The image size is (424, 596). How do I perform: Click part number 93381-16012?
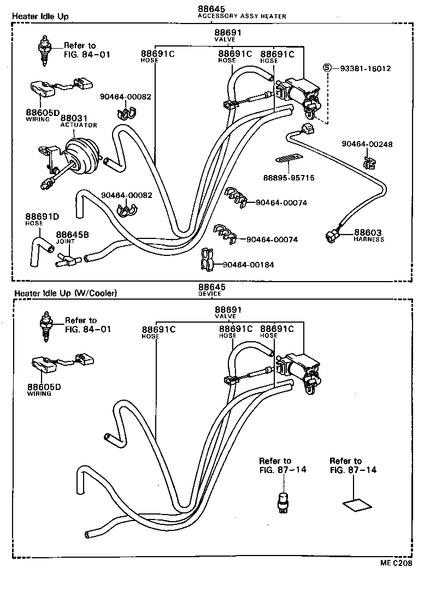point(366,68)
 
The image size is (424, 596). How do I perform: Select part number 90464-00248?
point(367,144)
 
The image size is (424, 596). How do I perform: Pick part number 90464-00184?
point(248,265)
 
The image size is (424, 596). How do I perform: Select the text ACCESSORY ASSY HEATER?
point(242,16)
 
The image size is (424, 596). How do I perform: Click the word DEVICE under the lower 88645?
point(210,294)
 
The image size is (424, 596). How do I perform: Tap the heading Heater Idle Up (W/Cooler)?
point(66,293)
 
